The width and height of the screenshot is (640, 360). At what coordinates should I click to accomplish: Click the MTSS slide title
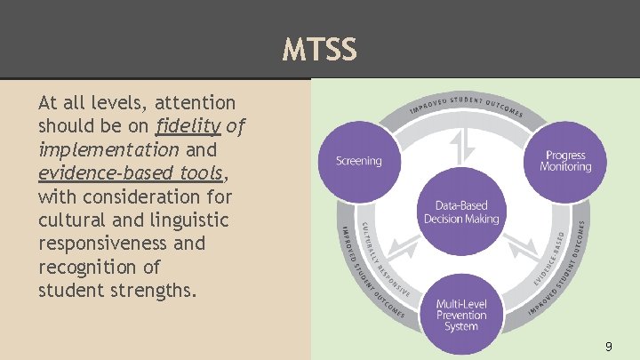[320, 50]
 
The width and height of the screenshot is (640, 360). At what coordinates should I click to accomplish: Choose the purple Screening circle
[358, 161]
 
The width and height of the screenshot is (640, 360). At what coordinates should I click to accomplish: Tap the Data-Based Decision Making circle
[461, 212]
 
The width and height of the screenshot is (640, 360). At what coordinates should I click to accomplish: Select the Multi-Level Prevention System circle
[461, 315]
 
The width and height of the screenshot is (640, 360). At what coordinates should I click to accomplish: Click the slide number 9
[608, 346]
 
